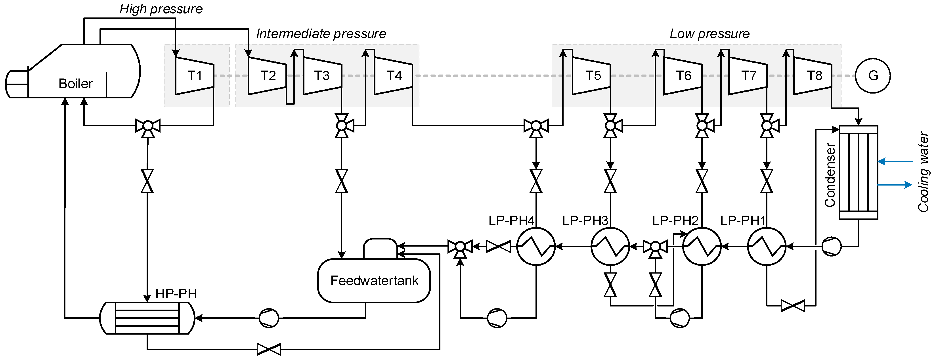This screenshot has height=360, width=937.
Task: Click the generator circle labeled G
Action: [x=873, y=76]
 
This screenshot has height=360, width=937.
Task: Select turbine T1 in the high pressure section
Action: [x=194, y=76]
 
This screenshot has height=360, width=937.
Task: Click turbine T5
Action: [x=592, y=76]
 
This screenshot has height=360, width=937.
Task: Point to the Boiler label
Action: [x=76, y=84]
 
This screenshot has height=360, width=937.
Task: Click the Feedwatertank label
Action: [x=374, y=280]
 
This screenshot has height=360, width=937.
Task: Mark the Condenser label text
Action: [x=830, y=175]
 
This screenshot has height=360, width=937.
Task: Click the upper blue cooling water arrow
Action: [x=895, y=161]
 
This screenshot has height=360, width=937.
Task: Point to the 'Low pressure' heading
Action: [x=710, y=34]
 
